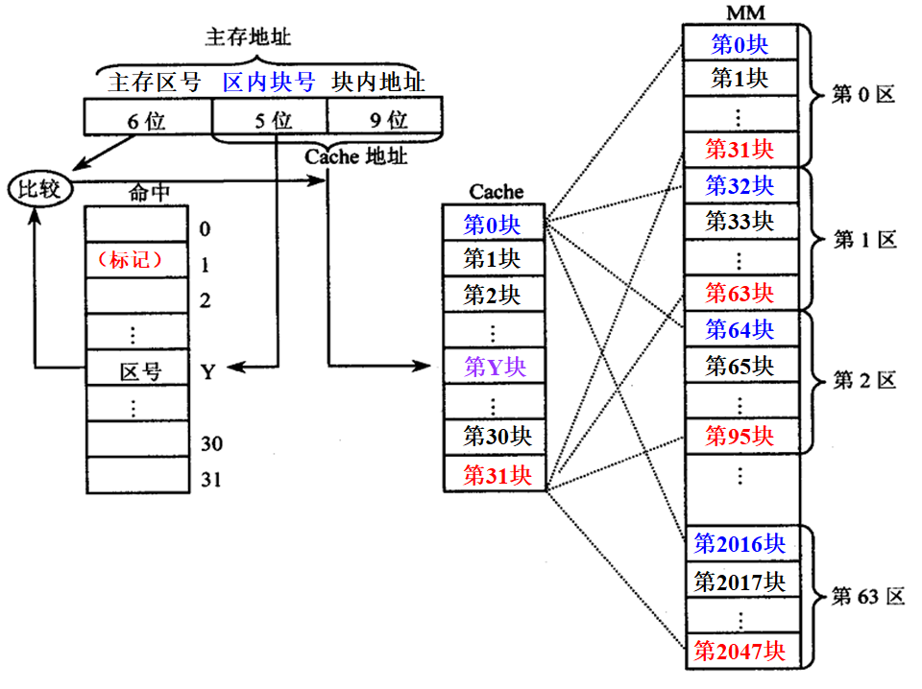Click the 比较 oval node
pos(38,188)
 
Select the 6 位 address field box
pos(147,119)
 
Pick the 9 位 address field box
pos(384,119)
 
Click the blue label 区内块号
pos(268,83)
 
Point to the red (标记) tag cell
pos(135,260)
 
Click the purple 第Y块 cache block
pos(494,368)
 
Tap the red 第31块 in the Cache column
pos(494,474)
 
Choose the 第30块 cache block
pos(494,437)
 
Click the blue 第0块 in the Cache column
pos(494,225)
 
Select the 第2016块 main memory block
pos(740,545)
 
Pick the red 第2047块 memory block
pos(740,652)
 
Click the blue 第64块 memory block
pos(740,329)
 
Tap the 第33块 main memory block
pos(740,221)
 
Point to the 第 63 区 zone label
pos(867,597)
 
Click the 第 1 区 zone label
pos(863,240)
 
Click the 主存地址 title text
pos(249,37)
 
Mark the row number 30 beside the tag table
pos(211,442)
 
